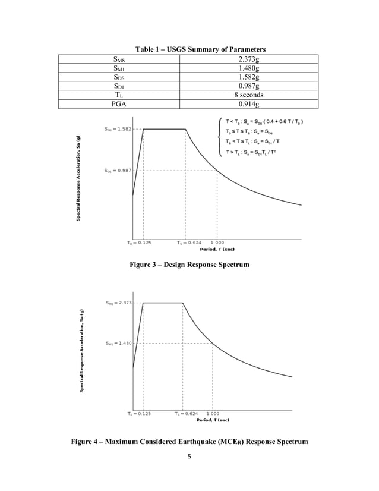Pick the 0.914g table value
point(249,105)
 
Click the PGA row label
point(123,105)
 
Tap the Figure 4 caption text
point(190,442)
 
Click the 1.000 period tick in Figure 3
point(216,243)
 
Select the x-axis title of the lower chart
point(213,420)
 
